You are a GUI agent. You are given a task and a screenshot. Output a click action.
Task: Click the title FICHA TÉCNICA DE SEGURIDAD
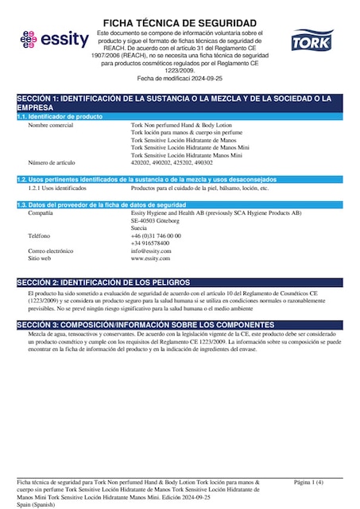coord(180,23)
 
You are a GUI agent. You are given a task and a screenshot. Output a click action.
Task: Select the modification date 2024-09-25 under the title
coord(197,79)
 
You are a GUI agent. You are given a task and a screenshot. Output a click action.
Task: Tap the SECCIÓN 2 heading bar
coord(180,282)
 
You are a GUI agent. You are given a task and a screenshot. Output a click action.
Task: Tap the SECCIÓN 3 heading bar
coord(180,325)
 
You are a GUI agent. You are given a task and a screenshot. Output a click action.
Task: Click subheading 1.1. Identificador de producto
coord(61,117)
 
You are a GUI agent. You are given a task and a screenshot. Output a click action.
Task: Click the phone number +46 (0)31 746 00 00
coord(156,235)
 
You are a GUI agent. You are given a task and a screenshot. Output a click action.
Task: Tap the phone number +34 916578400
coord(150,243)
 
